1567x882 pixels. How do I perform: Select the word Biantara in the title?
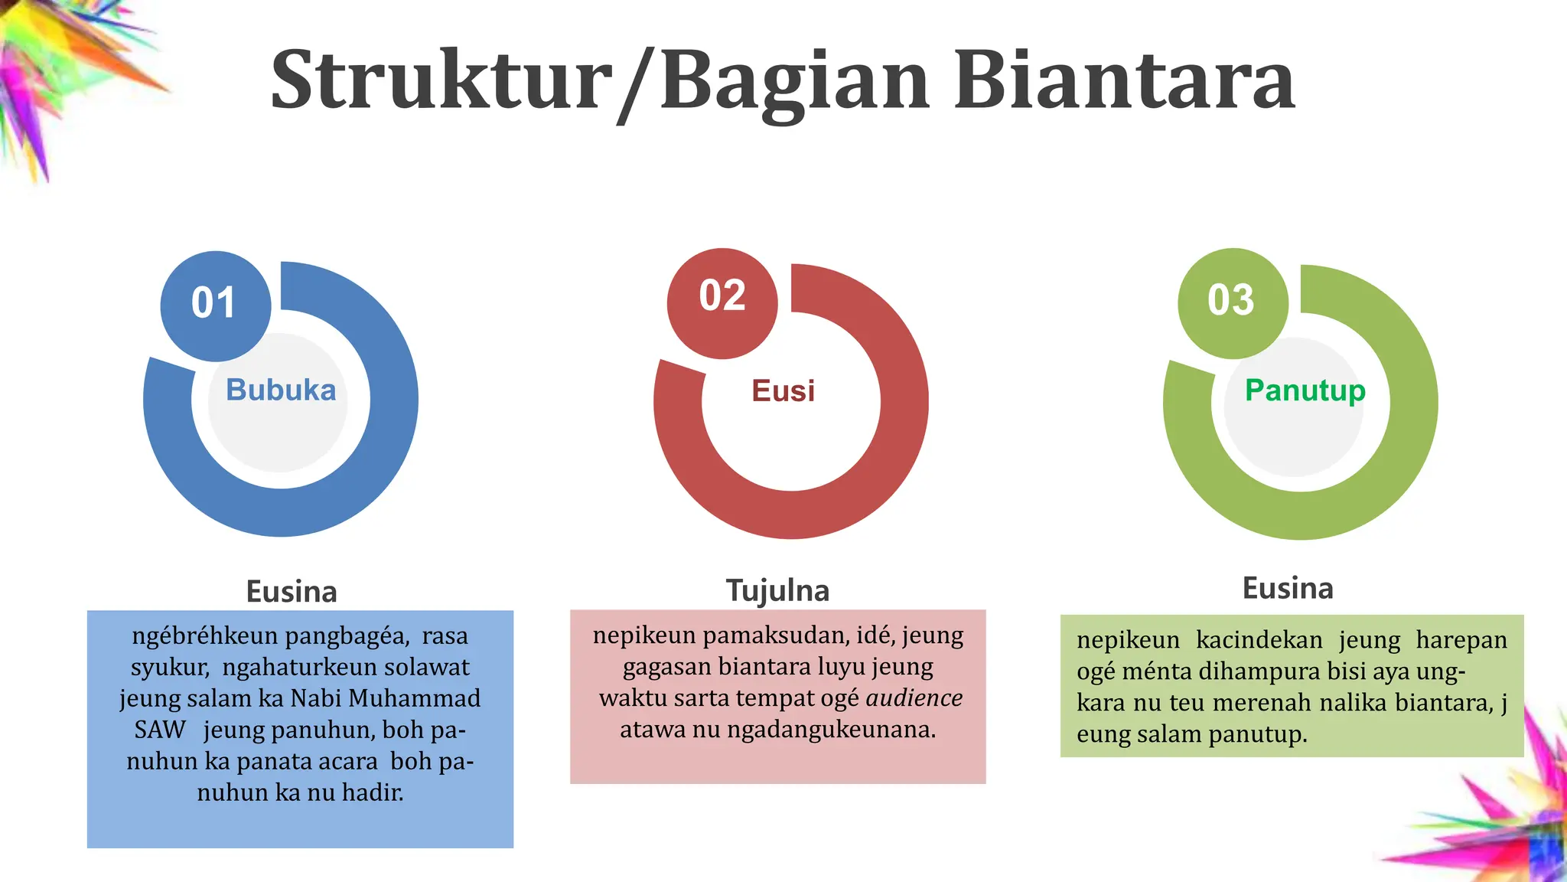pos(1124,81)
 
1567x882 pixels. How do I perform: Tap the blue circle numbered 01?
pos(215,305)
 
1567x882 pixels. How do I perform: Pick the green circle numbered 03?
pos(1232,302)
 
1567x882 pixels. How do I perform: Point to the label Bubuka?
pos(281,390)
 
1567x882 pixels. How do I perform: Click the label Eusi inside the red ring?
pos(783,391)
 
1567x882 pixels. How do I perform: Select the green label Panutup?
pos(1305,390)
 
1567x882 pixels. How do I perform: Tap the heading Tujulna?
pos(777,591)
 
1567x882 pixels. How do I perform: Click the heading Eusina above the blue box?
pos(292,592)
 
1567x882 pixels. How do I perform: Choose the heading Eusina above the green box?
pos(1288,589)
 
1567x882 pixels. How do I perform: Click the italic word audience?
pos(914,698)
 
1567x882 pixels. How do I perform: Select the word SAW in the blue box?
pos(160,730)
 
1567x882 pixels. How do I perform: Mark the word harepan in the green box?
pos(1461,640)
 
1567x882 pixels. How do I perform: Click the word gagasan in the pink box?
pos(667,668)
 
